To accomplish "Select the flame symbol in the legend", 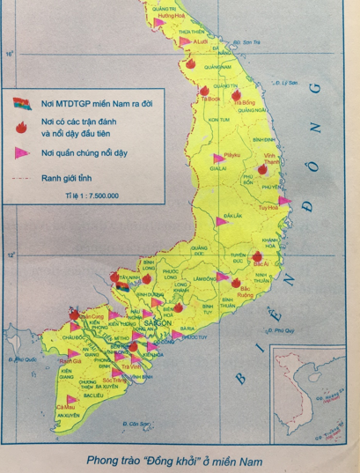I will coord(22,127).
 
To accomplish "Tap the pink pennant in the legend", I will coord(23,152).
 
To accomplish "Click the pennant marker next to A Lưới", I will coord(184,41).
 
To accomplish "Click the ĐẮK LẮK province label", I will coord(232,215).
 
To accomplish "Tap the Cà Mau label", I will coord(63,407).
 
